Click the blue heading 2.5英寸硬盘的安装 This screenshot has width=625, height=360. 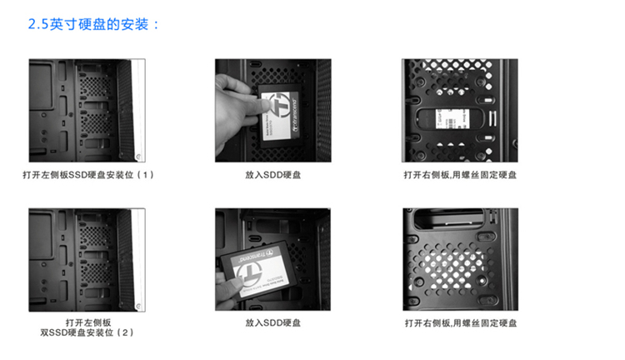coord(93,24)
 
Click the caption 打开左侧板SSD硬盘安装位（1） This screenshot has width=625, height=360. coord(88,175)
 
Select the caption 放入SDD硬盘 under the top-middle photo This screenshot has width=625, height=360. coord(273,175)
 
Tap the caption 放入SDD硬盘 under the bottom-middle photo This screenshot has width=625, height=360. coord(273,322)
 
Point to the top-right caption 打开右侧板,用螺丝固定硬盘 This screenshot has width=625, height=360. coord(460,175)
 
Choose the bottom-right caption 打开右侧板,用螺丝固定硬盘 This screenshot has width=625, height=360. coord(461,323)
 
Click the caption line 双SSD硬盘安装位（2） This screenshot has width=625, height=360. coord(87,332)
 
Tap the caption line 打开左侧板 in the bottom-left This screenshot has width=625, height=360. coord(88,322)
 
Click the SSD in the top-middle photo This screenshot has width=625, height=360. coord(279,116)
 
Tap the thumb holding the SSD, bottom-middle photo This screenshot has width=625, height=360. coord(232,284)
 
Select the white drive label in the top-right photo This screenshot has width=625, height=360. coord(452,119)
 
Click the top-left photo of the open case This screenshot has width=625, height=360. coord(87,111)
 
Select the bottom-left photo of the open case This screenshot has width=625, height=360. coord(87,259)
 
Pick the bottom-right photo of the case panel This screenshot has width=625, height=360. coord(460,259)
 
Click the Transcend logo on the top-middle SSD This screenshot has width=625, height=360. coord(280,107)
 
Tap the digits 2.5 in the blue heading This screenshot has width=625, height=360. coord(37,25)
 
